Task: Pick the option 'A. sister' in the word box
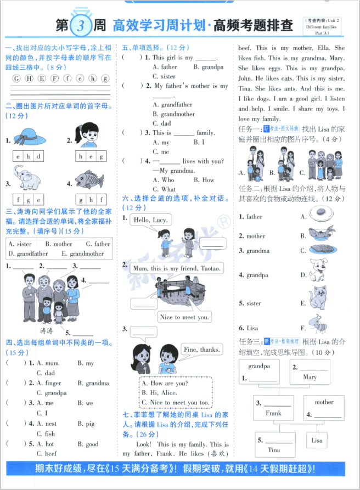click(20, 244)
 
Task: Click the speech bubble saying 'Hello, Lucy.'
click(150, 221)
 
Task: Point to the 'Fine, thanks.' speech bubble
click(201, 350)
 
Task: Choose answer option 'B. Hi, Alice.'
click(160, 393)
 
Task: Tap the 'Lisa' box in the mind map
click(317, 440)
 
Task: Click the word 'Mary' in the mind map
click(310, 377)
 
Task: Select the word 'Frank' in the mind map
click(273, 413)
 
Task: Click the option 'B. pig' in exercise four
click(86, 424)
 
